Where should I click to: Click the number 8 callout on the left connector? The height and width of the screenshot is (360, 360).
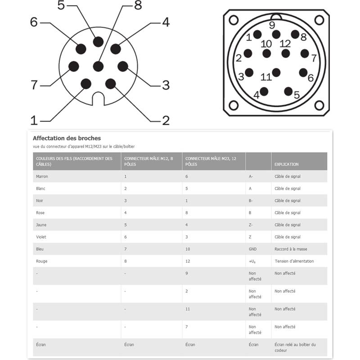click(x=138, y=6)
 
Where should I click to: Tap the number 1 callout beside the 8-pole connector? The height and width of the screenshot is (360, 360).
click(x=34, y=120)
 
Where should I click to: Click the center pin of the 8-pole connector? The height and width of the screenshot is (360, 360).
click(x=98, y=66)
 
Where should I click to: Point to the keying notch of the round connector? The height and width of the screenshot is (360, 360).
click(x=98, y=96)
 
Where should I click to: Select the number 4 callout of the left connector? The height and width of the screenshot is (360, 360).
click(x=166, y=22)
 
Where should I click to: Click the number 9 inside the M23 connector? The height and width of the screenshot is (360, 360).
click(x=272, y=25)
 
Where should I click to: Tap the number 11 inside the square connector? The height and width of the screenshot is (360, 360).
click(x=266, y=77)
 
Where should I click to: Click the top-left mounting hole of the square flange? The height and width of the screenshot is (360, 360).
click(x=234, y=20)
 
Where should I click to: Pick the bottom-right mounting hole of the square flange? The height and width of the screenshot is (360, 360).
click(x=319, y=105)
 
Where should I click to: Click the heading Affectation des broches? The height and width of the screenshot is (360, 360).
click(x=67, y=138)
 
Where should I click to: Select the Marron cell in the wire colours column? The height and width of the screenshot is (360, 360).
click(x=42, y=176)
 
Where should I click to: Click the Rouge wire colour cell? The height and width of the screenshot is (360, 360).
click(x=41, y=261)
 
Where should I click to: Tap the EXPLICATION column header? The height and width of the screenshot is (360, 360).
click(x=287, y=164)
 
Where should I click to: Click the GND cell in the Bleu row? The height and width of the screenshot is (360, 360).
click(x=252, y=249)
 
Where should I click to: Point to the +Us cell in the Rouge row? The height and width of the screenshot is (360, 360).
click(x=252, y=261)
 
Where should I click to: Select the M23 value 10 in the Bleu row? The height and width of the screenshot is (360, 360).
click(x=188, y=249)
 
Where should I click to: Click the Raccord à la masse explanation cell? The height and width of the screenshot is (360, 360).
click(x=291, y=249)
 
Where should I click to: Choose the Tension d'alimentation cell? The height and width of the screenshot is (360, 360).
click(x=294, y=261)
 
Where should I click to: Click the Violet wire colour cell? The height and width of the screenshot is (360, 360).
click(x=42, y=237)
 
